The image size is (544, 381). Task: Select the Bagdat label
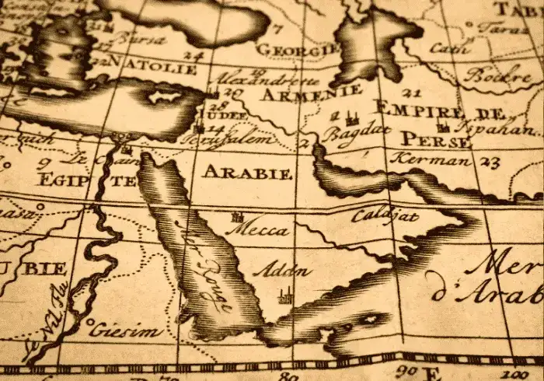[x=357, y=133]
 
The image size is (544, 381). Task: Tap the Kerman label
[x=431, y=159]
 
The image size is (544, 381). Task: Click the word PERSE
[x=436, y=140]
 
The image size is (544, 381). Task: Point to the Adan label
[x=282, y=271]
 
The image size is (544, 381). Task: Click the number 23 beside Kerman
[x=490, y=163]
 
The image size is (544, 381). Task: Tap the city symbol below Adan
[x=285, y=295]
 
